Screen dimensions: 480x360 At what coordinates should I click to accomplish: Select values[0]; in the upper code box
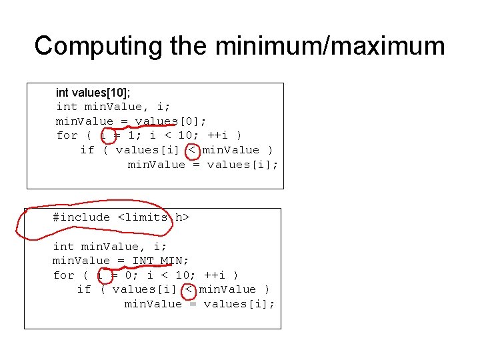click(x=171, y=121)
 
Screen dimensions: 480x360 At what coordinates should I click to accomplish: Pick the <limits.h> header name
click(x=154, y=217)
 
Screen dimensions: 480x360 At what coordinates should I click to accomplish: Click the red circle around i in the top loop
click(x=106, y=135)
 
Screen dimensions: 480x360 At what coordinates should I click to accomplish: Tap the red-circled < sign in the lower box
click(x=189, y=289)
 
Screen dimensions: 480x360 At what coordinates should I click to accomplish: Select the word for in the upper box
click(x=67, y=135)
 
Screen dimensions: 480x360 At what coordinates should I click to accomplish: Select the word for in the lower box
click(x=63, y=275)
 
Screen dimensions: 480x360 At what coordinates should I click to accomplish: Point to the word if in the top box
click(x=87, y=150)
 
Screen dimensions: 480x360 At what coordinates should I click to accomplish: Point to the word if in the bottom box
click(x=84, y=289)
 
